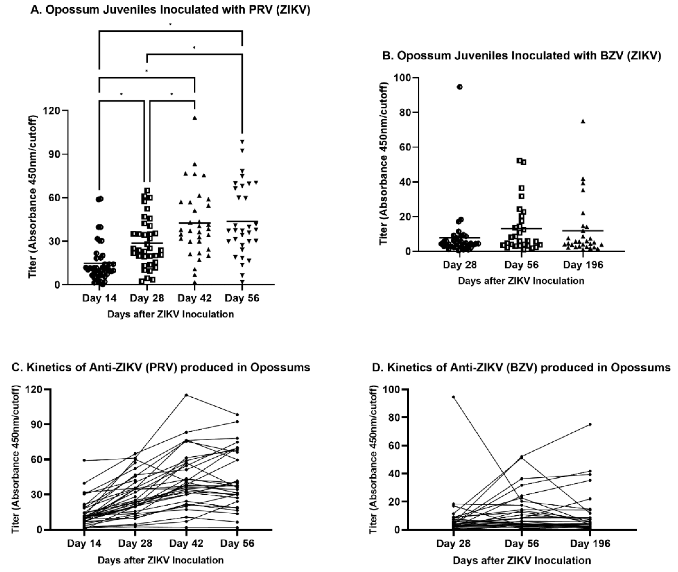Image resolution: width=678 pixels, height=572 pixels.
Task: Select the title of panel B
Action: tap(522, 56)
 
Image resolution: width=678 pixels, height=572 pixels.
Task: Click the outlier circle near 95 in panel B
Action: tap(459, 87)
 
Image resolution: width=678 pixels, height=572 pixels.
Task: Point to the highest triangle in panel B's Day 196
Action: tap(583, 121)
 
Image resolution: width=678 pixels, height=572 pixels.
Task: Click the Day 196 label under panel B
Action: tap(583, 265)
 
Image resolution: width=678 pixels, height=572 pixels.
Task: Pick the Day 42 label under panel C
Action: tap(186, 543)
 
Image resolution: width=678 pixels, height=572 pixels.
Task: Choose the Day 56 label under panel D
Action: tap(522, 543)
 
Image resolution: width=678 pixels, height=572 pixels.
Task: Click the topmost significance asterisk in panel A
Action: tap(171, 25)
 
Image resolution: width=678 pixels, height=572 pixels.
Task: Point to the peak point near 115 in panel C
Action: tap(186, 395)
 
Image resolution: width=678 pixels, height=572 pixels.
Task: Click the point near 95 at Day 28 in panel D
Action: tap(453, 397)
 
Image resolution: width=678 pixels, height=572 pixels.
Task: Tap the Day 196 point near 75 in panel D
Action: tap(590, 424)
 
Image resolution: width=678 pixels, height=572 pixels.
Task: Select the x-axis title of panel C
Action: tap(161, 560)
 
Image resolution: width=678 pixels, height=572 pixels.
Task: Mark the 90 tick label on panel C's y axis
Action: tap(36, 424)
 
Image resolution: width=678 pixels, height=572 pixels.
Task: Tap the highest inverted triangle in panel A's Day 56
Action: tap(242, 141)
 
